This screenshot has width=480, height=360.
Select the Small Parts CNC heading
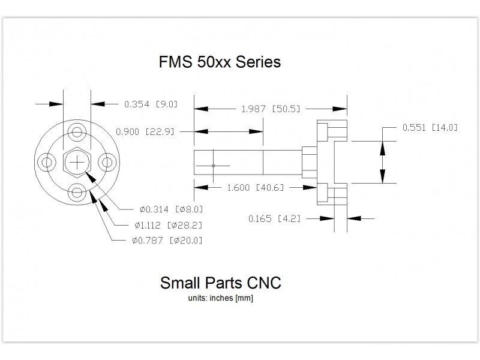click(220, 283)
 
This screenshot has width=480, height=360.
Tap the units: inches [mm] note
click(220, 298)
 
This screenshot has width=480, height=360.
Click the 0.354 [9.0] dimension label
click(151, 104)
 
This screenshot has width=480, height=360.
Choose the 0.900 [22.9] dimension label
click(144, 131)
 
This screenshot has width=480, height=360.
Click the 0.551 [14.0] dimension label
click(430, 127)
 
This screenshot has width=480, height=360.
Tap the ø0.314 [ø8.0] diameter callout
click(171, 209)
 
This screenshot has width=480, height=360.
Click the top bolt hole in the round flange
click(77, 132)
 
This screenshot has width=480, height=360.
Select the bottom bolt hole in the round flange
click(77, 191)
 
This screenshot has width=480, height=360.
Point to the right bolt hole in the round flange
click(106, 162)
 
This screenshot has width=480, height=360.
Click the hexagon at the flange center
click(77, 162)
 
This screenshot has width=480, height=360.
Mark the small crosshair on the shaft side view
click(214, 165)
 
